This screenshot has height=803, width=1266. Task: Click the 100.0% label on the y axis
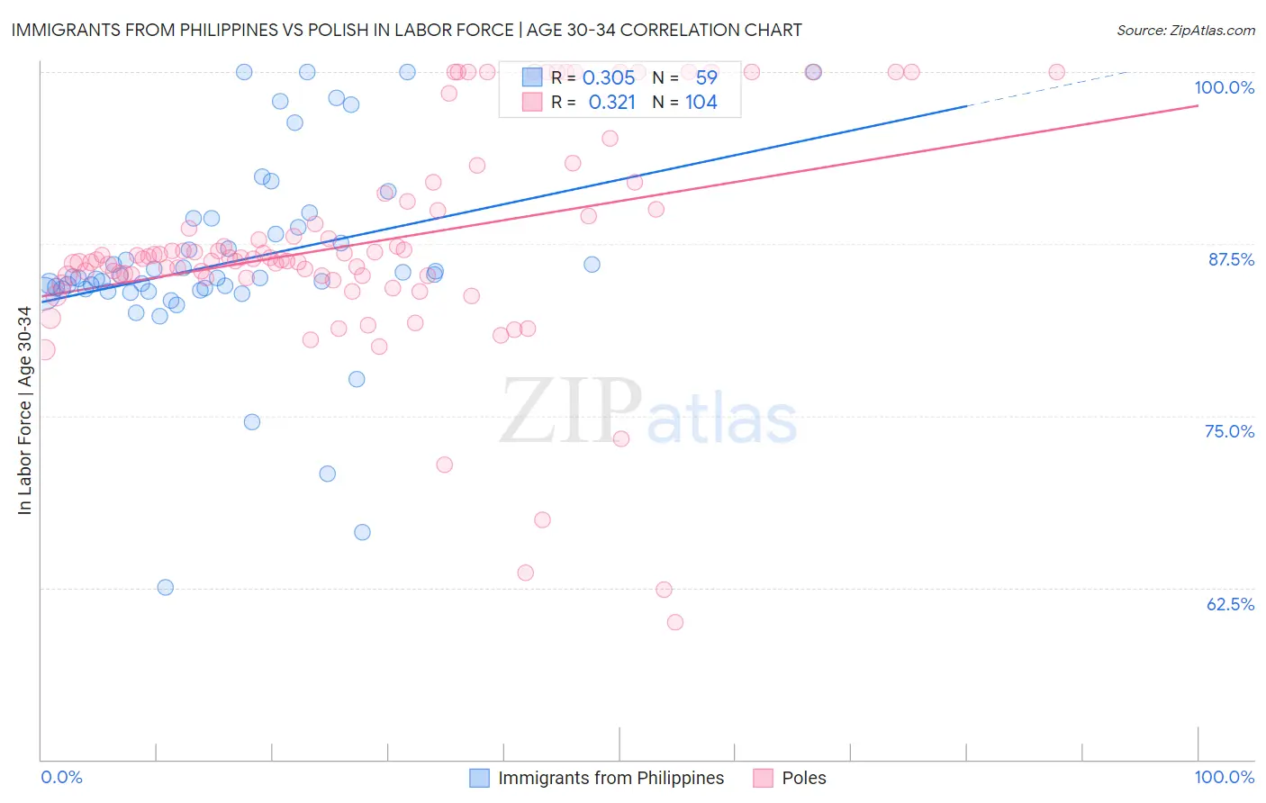[x=1224, y=87]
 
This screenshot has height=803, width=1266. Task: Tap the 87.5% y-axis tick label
[x=1231, y=259]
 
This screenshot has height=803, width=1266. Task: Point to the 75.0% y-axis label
[x=1229, y=431]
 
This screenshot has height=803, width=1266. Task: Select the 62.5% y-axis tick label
[x=1230, y=604]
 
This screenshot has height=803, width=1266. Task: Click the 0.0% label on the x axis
[x=61, y=777]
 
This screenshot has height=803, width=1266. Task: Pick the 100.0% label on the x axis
[x=1224, y=777]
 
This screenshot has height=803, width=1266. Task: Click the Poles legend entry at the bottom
[x=803, y=778]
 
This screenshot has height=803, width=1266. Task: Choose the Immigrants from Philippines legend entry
[x=610, y=778]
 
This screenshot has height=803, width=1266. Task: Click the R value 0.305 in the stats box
[x=609, y=78]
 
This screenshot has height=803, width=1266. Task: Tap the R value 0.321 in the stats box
[x=611, y=103]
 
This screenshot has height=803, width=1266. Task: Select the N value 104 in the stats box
[x=701, y=103]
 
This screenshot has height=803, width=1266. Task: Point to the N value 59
[x=707, y=78]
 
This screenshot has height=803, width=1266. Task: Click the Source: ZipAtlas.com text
[x=1185, y=31]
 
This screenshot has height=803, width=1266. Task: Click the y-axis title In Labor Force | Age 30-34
[x=24, y=411]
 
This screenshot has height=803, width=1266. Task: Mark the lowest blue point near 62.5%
[x=166, y=587]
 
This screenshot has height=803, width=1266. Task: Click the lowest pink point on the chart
[x=674, y=622]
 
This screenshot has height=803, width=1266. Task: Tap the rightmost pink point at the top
[x=1057, y=72]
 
